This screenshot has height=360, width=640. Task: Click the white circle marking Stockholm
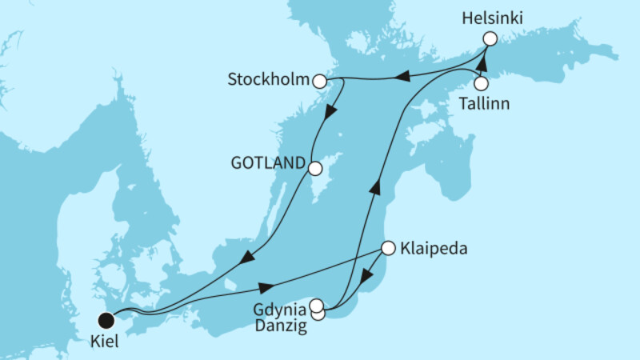[319, 81]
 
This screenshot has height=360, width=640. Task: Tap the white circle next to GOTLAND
[314, 169]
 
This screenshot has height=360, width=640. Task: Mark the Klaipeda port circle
[387, 248]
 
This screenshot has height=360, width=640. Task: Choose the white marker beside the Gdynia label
[317, 305]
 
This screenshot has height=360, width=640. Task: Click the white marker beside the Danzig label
[318, 314]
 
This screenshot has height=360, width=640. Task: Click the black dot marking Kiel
[105, 320]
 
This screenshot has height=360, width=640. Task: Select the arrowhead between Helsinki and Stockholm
[405, 76]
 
